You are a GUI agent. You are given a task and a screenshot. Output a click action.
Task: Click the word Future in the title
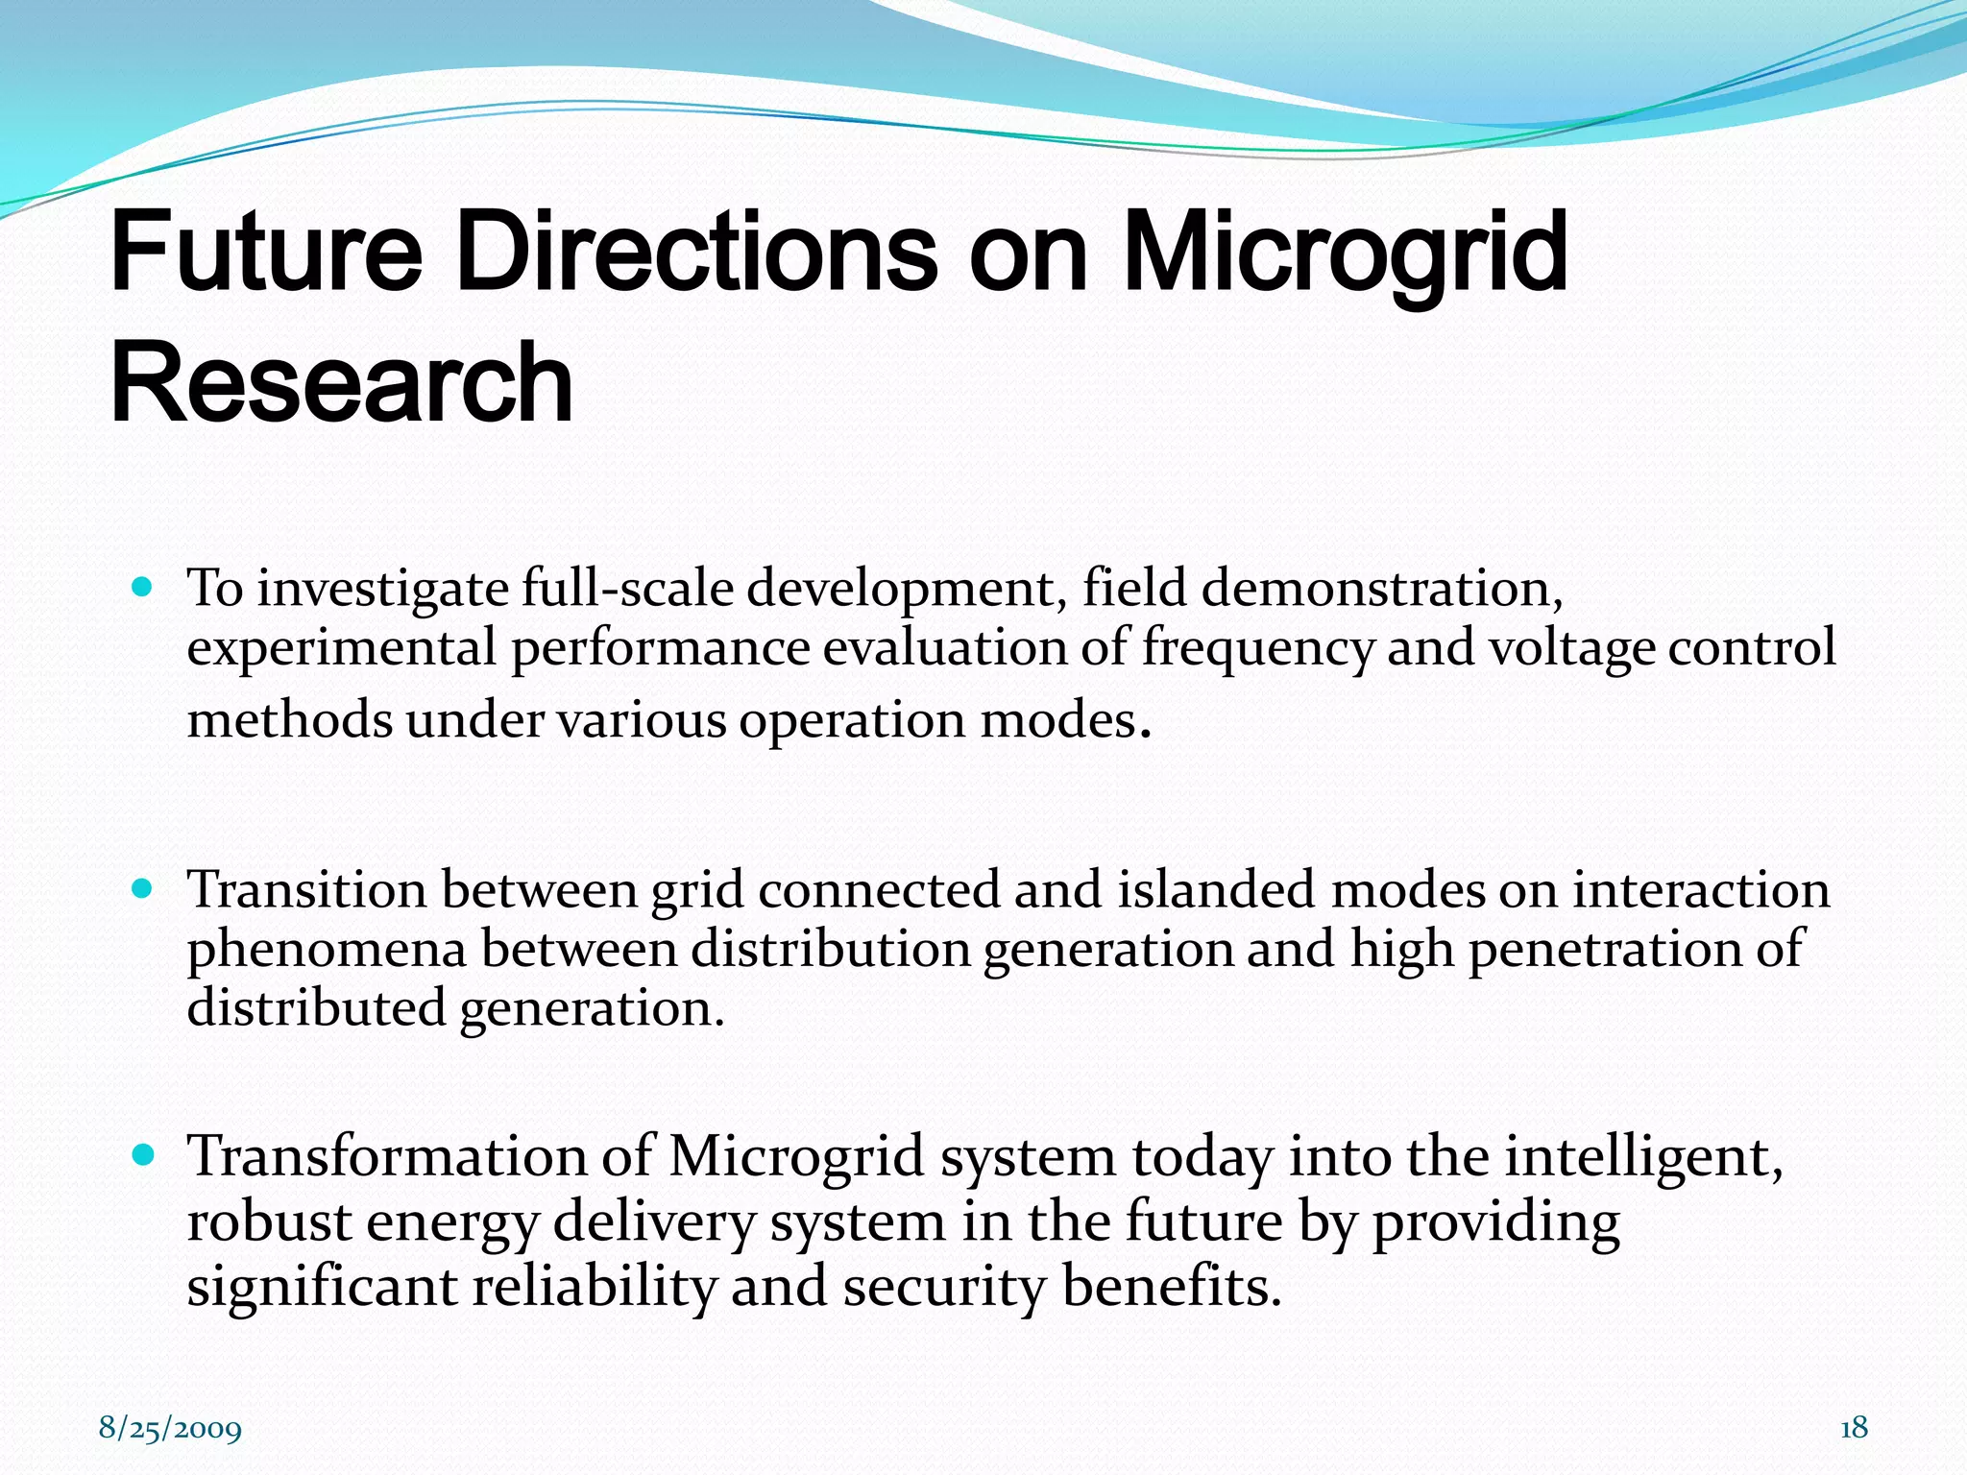(266, 252)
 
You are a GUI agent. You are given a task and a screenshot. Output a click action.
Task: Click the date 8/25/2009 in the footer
(170, 1429)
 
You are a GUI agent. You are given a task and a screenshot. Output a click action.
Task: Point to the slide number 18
(1854, 1428)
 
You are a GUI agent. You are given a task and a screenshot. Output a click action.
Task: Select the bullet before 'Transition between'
(142, 888)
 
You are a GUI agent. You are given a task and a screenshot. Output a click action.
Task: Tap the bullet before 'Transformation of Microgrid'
(142, 1154)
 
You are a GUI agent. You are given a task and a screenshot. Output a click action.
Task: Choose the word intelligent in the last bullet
(1643, 1157)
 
